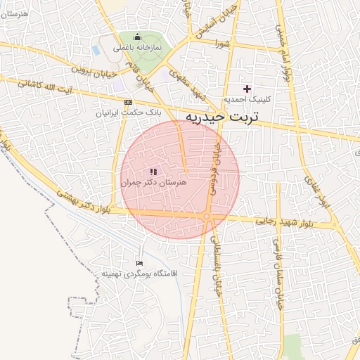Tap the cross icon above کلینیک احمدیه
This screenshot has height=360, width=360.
(247, 89)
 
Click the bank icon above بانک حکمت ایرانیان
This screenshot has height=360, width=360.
(127, 101)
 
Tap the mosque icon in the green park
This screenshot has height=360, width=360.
(136, 37)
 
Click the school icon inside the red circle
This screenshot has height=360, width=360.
(154, 171)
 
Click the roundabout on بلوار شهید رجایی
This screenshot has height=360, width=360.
(208, 217)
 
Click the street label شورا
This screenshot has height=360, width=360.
(223, 44)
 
